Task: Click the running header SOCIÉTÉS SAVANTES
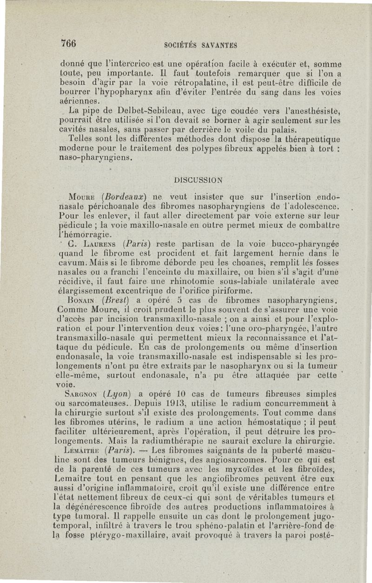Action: coord(201,45)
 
